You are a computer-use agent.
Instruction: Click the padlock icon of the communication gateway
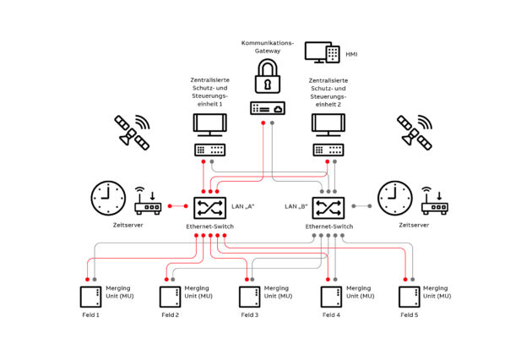(x=267, y=78)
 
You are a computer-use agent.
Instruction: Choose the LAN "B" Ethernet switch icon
(x=327, y=207)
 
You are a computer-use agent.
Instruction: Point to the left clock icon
(x=107, y=198)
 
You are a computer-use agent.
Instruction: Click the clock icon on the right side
(x=394, y=198)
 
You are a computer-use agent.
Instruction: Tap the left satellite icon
(x=132, y=132)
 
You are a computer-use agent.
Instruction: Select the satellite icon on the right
(x=415, y=132)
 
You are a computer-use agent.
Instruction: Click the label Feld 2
(x=170, y=315)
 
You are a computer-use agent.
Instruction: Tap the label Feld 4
(x=330, y=315)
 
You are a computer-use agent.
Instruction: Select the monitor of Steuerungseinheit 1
(x=209, y=124)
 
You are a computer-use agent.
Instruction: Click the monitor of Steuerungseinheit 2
(x=327, y=124)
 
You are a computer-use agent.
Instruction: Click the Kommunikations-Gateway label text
(x=267, y=46)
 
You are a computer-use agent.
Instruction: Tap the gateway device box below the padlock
(x=267, y=108)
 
